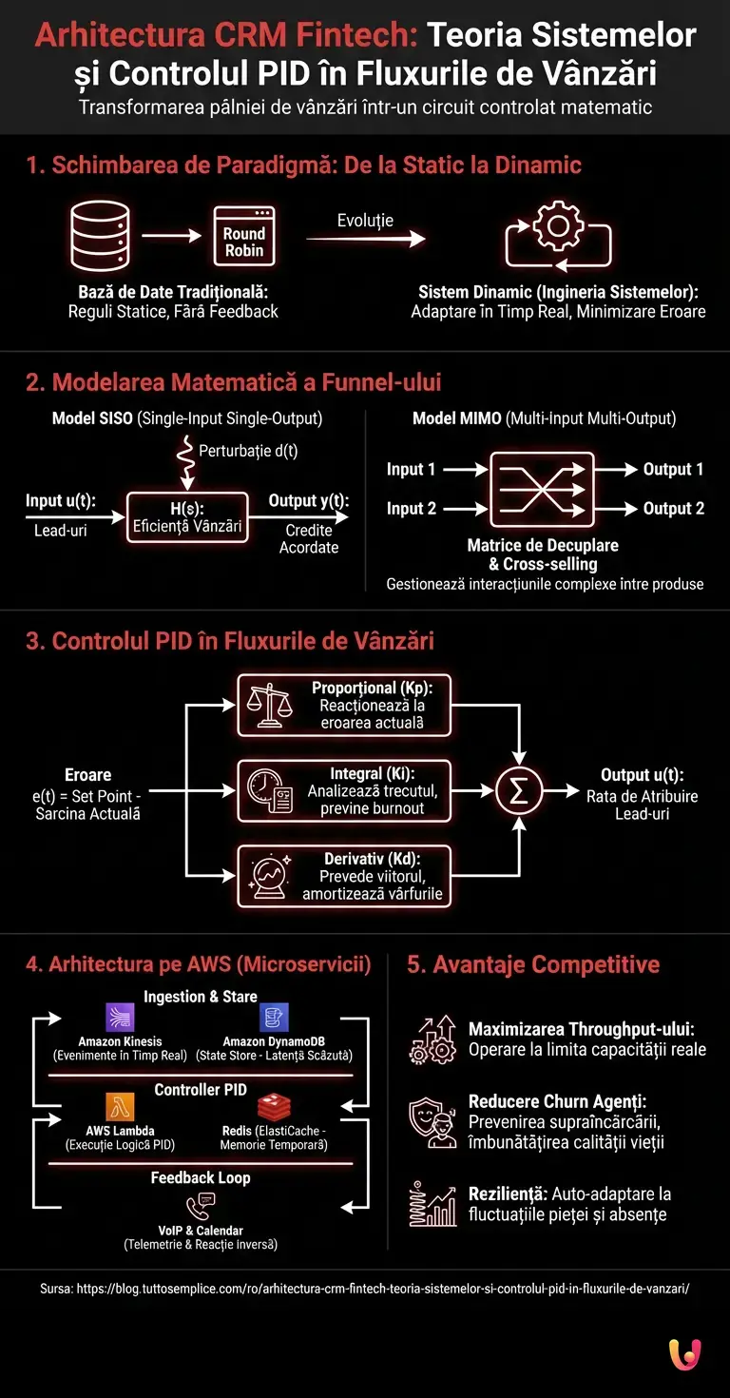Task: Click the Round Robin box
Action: coord(244,235)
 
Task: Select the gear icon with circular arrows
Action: coord(559,236)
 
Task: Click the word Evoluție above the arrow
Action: coord(365,221)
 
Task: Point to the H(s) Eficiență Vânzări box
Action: coord(186,517)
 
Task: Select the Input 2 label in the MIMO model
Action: coord(411,509)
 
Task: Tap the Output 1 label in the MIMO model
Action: coord(673,469)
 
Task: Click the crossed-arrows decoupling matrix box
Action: coord(541,489)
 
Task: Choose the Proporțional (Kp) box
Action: coord(344,705)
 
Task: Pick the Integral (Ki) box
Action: coord(344,790)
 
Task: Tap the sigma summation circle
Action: coord(519,791)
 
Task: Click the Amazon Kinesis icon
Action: coord(121,1019)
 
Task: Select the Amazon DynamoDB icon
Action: coord(274,1019)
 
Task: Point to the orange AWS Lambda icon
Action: coord(121,1108)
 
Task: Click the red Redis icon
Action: coord(274,1108)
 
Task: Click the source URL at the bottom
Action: coord(364,1289)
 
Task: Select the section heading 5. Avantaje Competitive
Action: coord(532,964)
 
